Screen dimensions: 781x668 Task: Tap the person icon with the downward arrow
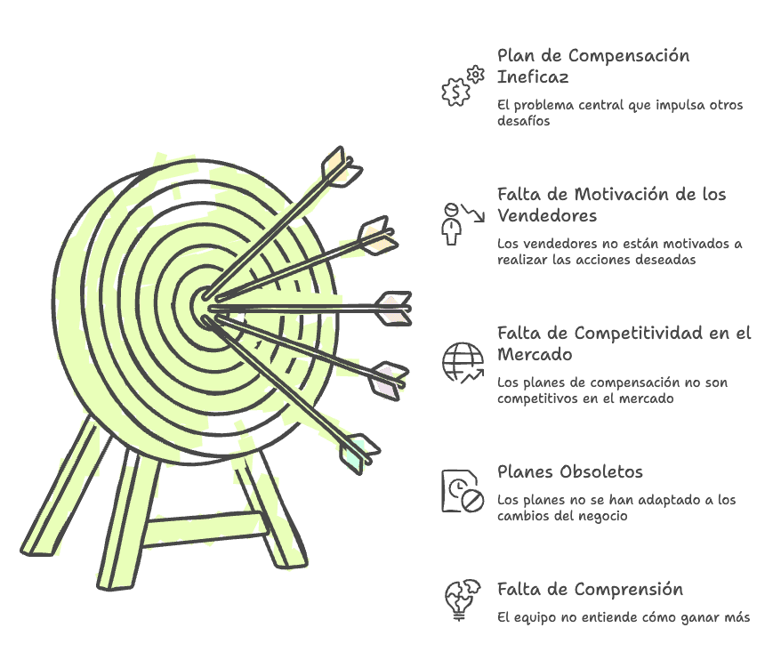[x=463, y=223]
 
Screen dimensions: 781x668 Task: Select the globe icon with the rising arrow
[x=463, y=363]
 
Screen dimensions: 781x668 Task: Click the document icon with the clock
[x=463, y=491]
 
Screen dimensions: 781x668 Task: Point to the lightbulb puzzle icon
[x=463, y=600]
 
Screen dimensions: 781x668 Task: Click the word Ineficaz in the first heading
[x=533, y=77]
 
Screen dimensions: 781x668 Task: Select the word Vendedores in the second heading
[x=547, y=215]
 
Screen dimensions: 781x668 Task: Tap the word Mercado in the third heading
[x=535, y=354]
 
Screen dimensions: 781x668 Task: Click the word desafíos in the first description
[x=524, y=121]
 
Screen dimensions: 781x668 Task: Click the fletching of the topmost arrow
[x=342, y=167]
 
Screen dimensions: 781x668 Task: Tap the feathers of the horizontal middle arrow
[x=394, y=309]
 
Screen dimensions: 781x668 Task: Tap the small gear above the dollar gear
[x=476, y=74]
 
